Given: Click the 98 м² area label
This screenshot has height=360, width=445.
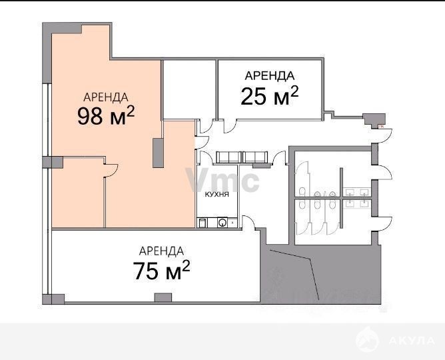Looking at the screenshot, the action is click(x=106, y=116).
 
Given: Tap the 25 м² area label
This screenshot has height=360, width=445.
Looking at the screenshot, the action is click(x=270, y=96).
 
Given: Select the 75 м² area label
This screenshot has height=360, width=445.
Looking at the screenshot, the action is click(x=161, y=270).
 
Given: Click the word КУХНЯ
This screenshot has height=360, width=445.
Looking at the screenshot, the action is click(x=217, y=195).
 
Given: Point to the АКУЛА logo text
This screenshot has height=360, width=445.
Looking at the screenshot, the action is click(x=412, y=341).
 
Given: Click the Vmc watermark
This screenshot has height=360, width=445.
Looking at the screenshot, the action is click(x=222, y=180).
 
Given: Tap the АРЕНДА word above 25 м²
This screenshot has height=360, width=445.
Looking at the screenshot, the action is click(x=270, y=76).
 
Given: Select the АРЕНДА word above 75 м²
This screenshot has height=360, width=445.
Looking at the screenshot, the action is click(x=161, y=251).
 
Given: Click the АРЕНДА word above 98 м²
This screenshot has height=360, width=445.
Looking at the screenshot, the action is click(x=106, y=97).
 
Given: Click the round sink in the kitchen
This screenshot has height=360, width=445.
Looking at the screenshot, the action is click(x=222, y=222).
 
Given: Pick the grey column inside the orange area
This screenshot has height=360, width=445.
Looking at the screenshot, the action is click(x=158, y=153).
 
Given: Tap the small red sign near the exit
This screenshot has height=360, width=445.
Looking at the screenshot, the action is click(x=382, y=127).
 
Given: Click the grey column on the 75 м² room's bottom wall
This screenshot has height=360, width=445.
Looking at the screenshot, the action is click(x=163, y=297).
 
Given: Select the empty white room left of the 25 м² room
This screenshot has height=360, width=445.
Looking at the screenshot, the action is click(x=189, y=89).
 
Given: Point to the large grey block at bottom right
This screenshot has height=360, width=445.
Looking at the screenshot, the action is click(x=320, y=274).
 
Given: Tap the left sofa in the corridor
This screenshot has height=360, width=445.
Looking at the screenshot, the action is click(x=228, y=157).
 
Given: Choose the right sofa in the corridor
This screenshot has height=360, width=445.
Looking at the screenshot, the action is click(x=255, y=157).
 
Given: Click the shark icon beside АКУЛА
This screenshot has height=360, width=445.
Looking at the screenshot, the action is click(x=367, y=339).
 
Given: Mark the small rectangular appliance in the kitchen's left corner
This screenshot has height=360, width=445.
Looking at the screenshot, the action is click(x=202, y=223).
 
